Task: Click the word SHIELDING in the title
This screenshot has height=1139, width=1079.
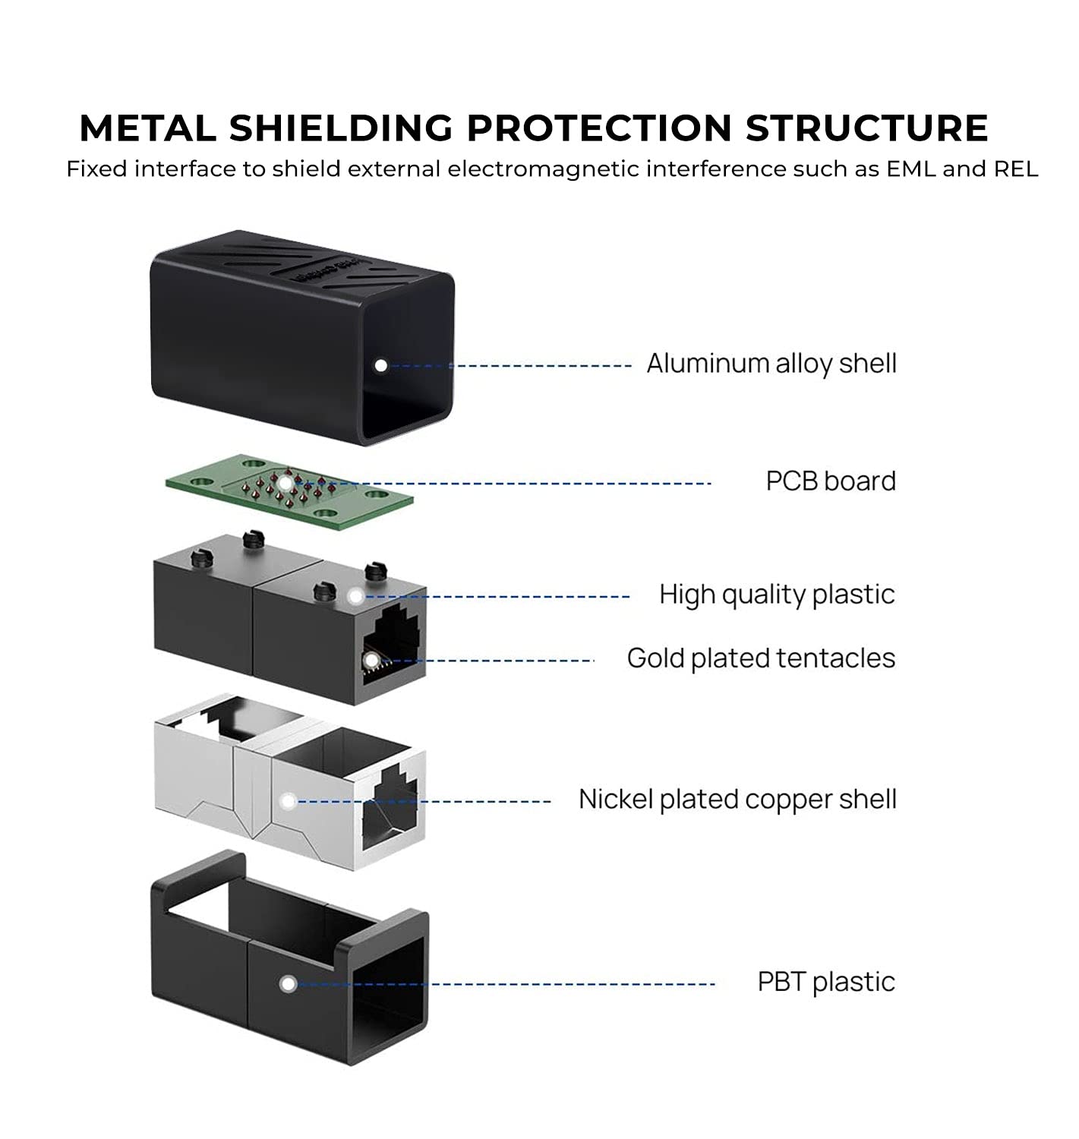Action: (x=341, y=128)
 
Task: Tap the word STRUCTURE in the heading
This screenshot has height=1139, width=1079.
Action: (x=866, y=128)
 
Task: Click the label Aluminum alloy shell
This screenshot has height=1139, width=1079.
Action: (x=771, y=364)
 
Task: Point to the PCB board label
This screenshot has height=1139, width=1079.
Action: (x=831, y=481)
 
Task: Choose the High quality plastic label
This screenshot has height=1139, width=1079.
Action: (x=777, y=595)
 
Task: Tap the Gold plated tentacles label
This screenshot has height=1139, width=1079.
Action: (x=761, y=658)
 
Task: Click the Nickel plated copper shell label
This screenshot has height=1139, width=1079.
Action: (x=737, y=800)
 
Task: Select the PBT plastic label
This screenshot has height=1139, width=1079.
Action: (x=826, y=982)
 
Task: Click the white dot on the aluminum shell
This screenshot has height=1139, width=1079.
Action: (x=380, y=365)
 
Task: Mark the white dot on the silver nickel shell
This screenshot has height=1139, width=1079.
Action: (x=288, y=801)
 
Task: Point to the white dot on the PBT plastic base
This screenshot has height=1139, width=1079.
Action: (x=288, y=983)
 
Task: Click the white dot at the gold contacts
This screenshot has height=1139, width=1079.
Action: (x=372, y=661)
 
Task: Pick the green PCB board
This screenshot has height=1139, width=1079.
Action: (x=289, y=491)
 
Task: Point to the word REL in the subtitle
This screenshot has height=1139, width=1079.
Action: (x=1016, y=169)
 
